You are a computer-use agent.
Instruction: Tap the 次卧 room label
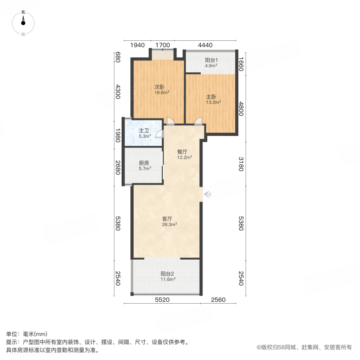tap(160, 87)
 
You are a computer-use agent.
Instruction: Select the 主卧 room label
tap(211, 96)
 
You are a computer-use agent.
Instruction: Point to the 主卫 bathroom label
tap(144, 131)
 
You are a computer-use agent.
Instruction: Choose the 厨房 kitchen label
tap(144, 163)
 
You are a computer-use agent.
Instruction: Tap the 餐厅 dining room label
tap(182, 152)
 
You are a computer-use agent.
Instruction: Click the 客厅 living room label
tap(167, 219)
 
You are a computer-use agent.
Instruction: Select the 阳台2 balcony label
tap(167, 274)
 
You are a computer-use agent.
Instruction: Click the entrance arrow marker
tap(208, 194)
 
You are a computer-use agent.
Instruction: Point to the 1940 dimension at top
tap(137, 45)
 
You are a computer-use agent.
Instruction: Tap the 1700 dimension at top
tap(162, 45)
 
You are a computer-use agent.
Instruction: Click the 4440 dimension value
tap(205, 45)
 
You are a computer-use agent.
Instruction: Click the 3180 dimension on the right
tap(241, 164)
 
